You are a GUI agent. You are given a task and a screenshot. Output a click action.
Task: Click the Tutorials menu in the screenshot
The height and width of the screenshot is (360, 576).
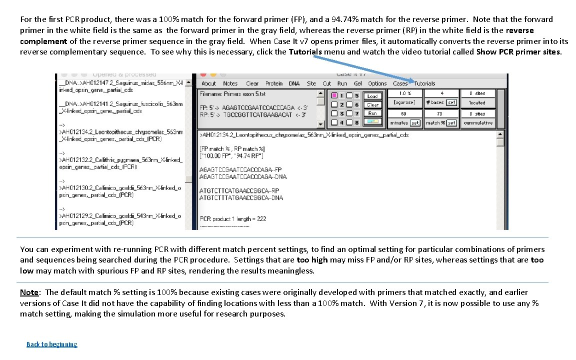pyautogui.click(x=424, y=83)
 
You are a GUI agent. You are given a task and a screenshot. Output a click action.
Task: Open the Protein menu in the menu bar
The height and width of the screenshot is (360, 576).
pyautogui.click(x=273, y=83)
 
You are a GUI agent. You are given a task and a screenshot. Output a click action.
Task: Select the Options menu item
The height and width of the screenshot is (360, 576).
pyautogui.click(x=377, y=83)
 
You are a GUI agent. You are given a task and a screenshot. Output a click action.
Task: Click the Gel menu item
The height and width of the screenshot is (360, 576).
pyautogui.click(x=357, y=83)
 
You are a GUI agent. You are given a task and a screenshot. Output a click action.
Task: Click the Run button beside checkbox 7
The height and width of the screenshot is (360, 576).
pyautogui.click(x=372, y=113)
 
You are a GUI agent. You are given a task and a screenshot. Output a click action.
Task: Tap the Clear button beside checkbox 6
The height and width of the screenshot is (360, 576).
pyautogui.click(x=372, y=104)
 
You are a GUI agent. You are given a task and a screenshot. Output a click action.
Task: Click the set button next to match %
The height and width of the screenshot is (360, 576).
pyautogui.click(x=451, y=123)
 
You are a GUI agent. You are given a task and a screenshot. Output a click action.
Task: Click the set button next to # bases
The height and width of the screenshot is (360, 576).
pyautogui.click(x=451, y=102)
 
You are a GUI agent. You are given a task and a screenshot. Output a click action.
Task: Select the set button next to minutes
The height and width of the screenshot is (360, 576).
pyautogui.click(x=415, y=123)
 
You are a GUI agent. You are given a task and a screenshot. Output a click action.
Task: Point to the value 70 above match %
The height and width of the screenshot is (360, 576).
pyautogui.click(x=440, y=113)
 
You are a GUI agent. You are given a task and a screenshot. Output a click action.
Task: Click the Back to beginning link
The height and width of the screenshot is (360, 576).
pyautogui.click(x=52, y=344)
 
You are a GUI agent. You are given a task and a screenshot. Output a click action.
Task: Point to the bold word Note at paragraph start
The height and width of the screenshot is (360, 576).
pyautogui.click(x=29, y=292)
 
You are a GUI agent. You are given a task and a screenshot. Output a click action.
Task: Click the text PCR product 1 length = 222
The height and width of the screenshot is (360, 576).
pyautogui.click(x=233, y=218)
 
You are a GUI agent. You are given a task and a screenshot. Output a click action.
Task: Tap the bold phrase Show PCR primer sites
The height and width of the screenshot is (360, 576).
pyautogui.click(x=519, y=51)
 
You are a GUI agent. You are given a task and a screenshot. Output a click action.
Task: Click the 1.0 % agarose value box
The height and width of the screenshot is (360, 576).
pyautogui.click(x=404, y=93)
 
